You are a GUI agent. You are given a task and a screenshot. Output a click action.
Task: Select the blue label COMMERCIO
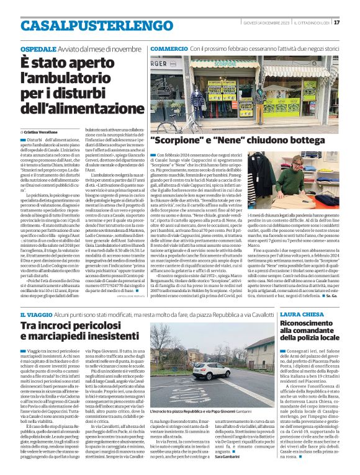point(169,48)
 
